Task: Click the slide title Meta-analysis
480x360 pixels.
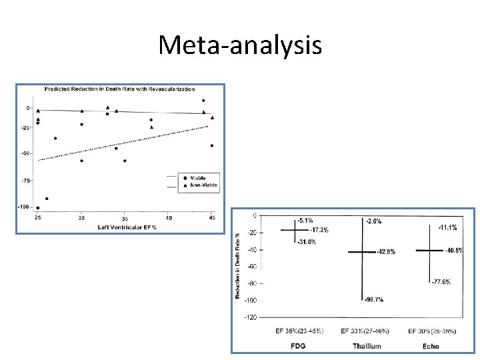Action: (x=240, y=45)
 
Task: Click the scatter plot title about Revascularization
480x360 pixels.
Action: (x=120, y=89)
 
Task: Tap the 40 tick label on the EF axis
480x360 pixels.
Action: (x=169, y=218)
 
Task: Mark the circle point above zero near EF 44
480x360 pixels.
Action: (x=203, y=101)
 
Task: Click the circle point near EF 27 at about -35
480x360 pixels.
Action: (x=55, y=138)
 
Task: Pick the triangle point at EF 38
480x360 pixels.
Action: (x=151, y=127)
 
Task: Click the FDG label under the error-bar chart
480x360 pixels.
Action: (x=298, y=346)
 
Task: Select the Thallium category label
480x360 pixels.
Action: (x=367, y=346)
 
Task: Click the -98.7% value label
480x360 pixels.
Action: (x=373, y=300)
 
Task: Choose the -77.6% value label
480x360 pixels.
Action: (x=441, y=282)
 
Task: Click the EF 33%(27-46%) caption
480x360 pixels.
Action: (x=365, y=331)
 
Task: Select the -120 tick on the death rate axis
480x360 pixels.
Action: (x=250, y=317)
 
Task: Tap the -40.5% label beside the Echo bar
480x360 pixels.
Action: (x=453, y=250)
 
